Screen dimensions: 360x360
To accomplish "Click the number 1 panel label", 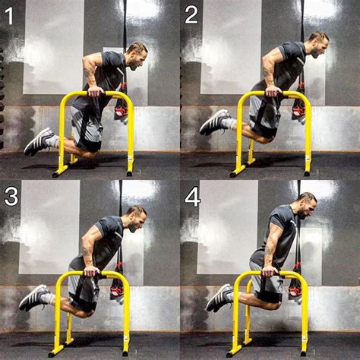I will coord(9,16).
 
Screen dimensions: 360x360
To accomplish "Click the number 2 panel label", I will coord(191,15).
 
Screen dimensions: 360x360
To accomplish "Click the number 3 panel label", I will coord(11,197).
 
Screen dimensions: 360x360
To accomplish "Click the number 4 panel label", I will coord(192,197).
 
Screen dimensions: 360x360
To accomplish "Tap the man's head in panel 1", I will coord(137,53).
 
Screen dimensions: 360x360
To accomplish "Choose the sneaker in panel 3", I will coord(33,298).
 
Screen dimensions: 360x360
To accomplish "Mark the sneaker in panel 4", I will coord(218,298).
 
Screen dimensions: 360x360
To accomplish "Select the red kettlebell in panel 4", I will coord(295,289).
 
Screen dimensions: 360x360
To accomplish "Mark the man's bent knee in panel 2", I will coord(264,137).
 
